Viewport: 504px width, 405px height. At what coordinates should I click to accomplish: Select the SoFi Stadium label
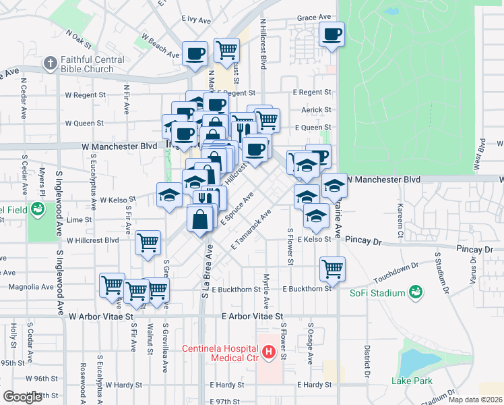[377, 293]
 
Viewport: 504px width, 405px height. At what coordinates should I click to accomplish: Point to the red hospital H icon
[268, 352]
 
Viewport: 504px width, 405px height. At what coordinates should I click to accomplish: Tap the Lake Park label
[408, 381]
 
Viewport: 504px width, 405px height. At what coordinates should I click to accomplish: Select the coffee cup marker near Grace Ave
[331, 34]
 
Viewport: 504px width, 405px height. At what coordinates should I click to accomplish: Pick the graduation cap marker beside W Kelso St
[169, 196]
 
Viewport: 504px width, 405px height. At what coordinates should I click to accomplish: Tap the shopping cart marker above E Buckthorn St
[332, 269]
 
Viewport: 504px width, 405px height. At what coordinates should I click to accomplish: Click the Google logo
[22, 397]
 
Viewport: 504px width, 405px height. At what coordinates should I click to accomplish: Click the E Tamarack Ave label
[251, 230]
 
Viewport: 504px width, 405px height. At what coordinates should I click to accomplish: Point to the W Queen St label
[84, 124]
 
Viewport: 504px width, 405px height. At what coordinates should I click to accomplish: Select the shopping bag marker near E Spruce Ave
[201, 220]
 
